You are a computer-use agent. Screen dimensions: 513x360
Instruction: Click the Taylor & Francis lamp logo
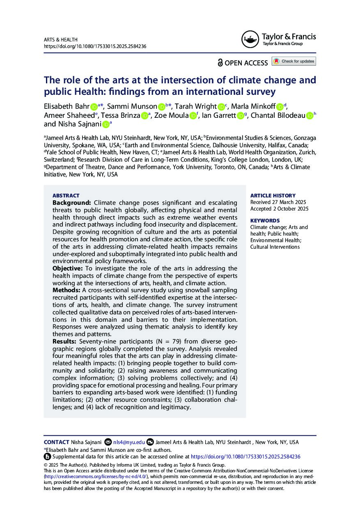(250, 39)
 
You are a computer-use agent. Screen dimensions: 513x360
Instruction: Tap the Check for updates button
(294, 62)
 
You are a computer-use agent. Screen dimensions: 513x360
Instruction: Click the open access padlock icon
(220, 62)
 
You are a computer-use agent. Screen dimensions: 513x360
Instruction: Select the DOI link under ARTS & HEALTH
(95, 46)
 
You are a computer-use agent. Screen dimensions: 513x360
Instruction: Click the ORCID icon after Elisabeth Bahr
(94, 106)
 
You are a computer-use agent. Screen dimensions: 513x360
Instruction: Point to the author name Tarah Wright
(195, 106)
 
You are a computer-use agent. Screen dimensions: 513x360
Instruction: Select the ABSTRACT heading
(66, 196)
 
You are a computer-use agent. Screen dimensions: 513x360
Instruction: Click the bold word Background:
(71, 203)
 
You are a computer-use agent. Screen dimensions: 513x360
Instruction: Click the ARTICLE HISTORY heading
(273, 196)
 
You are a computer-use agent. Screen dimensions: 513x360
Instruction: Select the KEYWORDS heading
(265, 220)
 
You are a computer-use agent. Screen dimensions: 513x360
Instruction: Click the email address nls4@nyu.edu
(129, 442)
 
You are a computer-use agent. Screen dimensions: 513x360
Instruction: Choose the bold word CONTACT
(56, 442)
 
